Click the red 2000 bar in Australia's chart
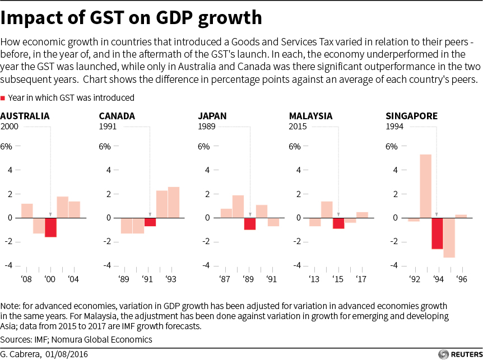click(51, 227)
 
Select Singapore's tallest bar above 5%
click(425, 186)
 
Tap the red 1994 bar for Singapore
click(437, 233)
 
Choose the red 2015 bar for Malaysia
click(338, 223)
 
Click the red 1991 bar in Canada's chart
click(150, 222)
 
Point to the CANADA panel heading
click(117, 116)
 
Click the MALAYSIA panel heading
click(310, 116)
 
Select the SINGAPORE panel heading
click(412, 116)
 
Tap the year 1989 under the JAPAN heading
click(207, 127)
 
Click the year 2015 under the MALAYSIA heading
click(298, 127)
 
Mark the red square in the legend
click(3, 98)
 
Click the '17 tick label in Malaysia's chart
click(362, 279)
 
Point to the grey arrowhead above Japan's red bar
click(250, 214)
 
